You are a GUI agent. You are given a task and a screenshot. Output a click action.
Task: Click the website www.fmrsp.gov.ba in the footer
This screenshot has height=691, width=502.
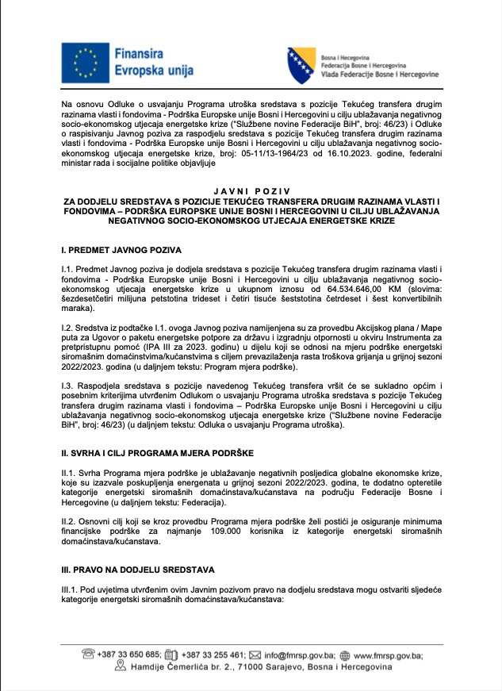[388, 655]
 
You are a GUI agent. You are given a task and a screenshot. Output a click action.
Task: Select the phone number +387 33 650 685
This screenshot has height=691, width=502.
[129, 655]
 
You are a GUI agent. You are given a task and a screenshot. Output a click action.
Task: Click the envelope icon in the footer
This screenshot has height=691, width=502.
[255, 655]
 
